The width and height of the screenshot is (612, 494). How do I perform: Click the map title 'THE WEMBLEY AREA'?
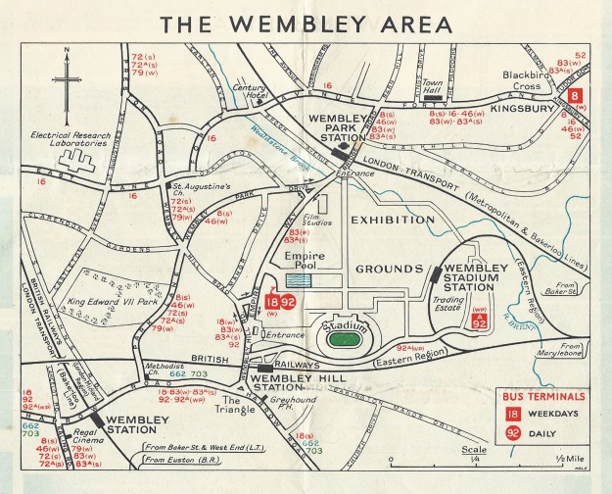306,23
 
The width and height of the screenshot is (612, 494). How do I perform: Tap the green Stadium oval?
342,339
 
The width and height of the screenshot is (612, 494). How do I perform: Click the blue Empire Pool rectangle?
303,279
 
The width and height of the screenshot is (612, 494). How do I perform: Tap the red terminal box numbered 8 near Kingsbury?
578,96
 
